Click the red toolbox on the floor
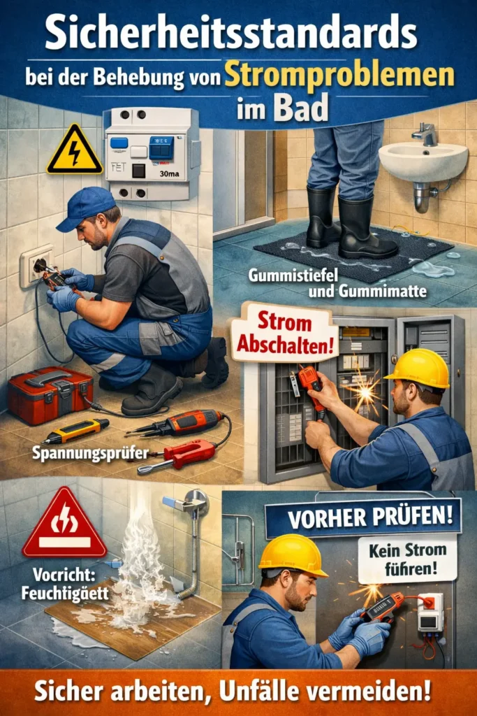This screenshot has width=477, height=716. tap(50, 394)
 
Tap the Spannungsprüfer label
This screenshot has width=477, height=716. tap(90, 453)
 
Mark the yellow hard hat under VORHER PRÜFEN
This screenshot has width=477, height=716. tap(293, 555)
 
